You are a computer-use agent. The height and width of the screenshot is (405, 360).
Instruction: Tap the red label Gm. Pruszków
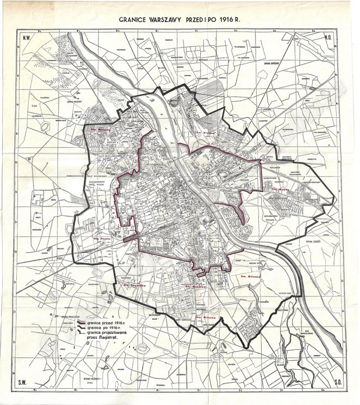click(132, 284)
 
